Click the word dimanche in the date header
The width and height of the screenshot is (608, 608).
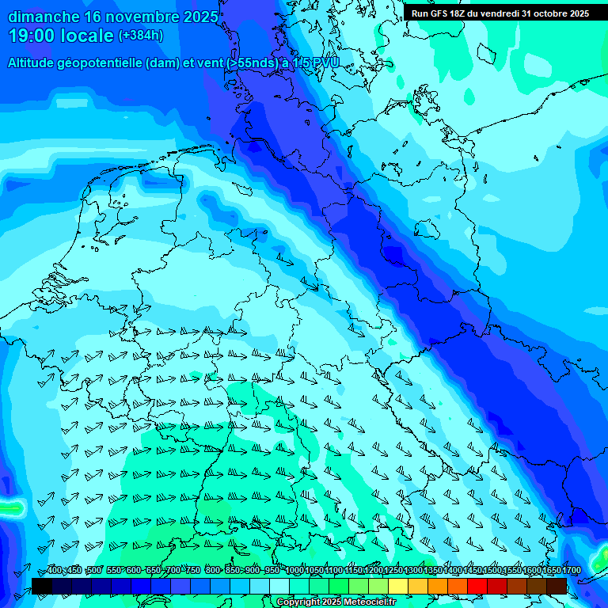(43, 17)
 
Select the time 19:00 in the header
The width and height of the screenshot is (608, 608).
(31, 36)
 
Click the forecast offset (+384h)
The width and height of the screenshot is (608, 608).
(141, 36)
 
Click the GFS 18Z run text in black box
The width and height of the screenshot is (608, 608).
(448, 13)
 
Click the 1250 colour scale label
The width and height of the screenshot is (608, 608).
(393, 571)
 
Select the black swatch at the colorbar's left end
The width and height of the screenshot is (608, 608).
(41, 586)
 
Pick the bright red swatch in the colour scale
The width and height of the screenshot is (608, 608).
(477, 586)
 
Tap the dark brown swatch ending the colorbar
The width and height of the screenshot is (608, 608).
(557, 586)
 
